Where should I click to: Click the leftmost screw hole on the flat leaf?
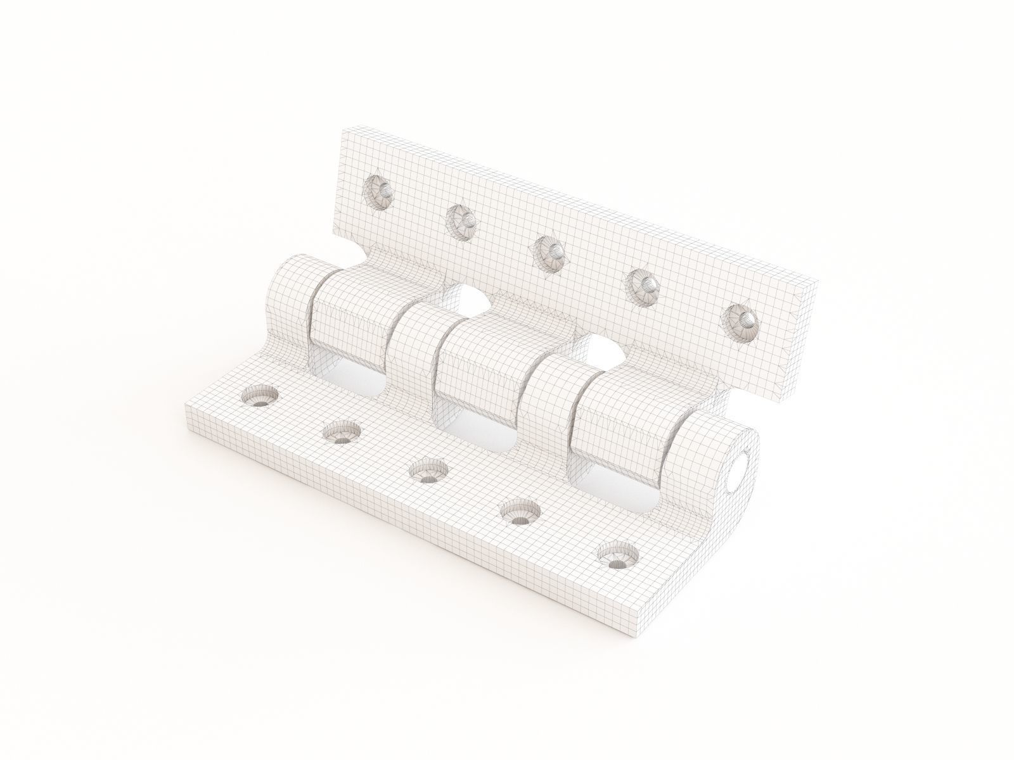(260, 400)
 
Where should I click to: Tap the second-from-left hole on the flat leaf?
(342, 435)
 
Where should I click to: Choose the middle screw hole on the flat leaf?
(428, 472)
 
